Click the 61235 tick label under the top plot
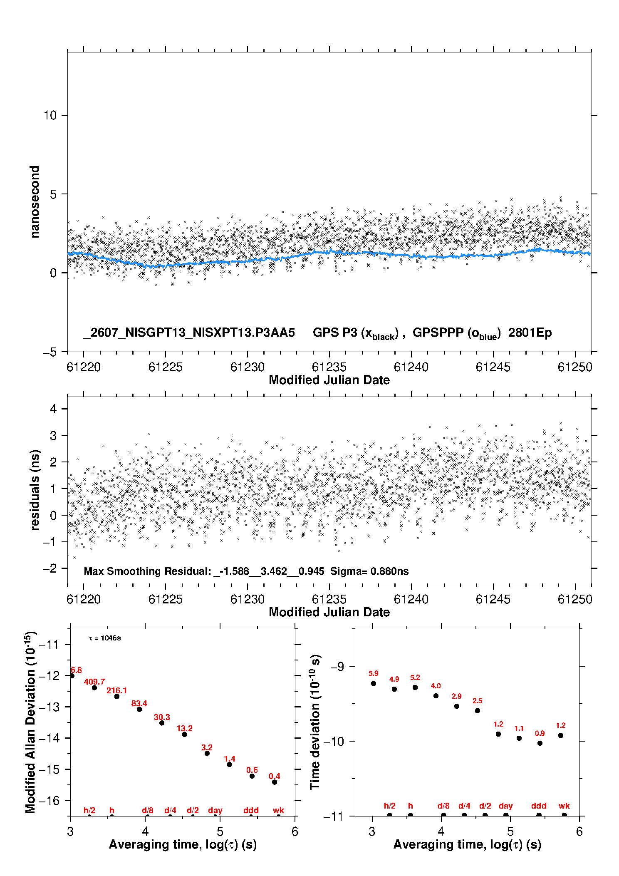point(329,367)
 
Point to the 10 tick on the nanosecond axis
point(50,115)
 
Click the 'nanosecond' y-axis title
point(35,202)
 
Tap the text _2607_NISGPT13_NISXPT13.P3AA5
point(189,333)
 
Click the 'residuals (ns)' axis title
point(35,490)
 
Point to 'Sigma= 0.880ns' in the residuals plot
point(369,571)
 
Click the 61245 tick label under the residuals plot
point(493,599)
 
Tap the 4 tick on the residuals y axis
point(53,409)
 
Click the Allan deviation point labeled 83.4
point(139,709)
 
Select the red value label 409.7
point(94,682)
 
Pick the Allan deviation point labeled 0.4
point(275,782)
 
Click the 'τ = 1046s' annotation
point(105,638)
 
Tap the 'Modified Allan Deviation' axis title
point(30,722)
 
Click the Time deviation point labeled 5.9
point(374,683)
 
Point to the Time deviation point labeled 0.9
point(540,743)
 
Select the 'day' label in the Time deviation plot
point(506,806)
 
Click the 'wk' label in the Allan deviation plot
point(278,810)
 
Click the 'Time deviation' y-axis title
point(316,722)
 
